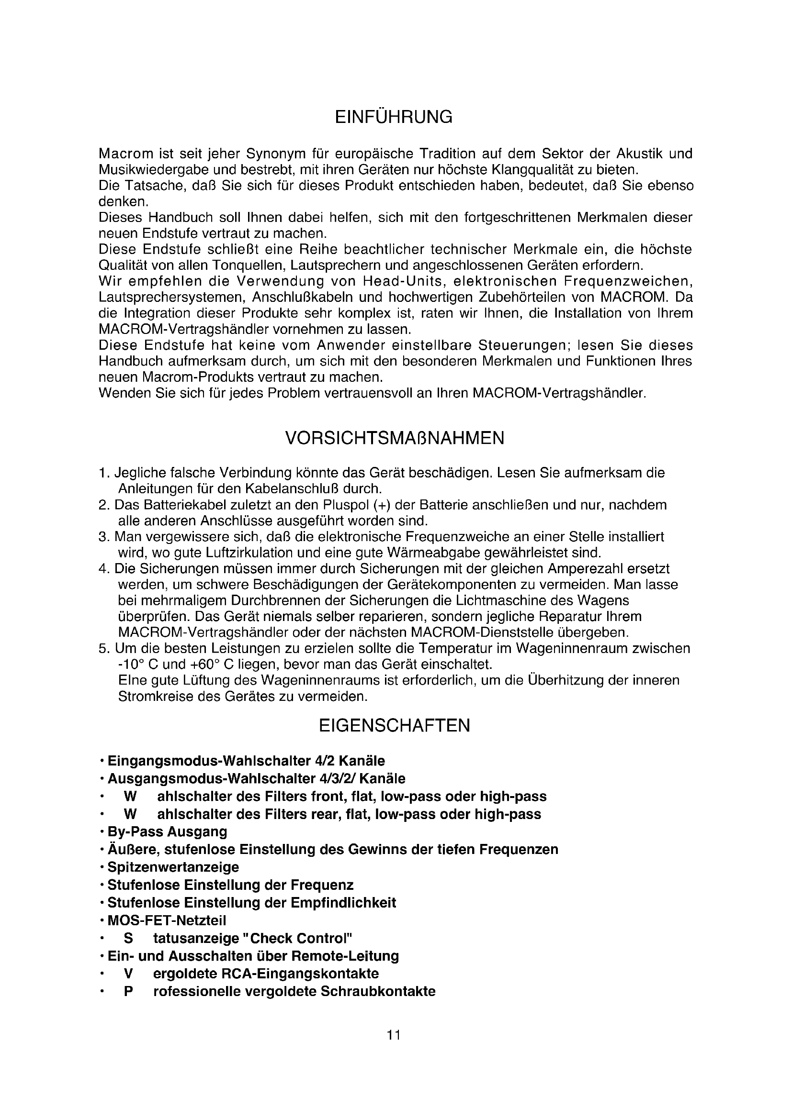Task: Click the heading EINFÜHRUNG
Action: tap(394, 118)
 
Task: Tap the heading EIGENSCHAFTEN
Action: tap(395, 726)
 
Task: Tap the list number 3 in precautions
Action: tap(102, 537)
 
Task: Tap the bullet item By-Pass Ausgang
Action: tap(167, 832)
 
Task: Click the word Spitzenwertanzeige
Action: tap(173, 867)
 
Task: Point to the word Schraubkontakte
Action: tap(378, 992)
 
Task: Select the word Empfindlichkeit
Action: tap(343, 903)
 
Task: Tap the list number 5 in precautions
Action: tap(102, 649)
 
